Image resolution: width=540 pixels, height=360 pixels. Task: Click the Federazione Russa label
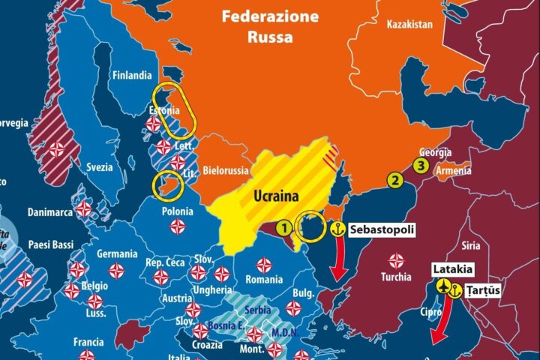point(268,26)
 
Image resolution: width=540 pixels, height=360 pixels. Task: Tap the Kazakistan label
point(409,25)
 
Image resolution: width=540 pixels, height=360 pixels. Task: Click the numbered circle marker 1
point(284,226)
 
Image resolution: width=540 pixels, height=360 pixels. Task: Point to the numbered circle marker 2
point(394,179)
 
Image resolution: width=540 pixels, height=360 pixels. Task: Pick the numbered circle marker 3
point(422,166)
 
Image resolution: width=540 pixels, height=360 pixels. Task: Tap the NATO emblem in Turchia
point(396,259)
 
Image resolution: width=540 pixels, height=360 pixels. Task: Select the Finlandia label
point(131,75)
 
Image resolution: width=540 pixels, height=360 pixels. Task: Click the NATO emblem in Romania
point(264,265)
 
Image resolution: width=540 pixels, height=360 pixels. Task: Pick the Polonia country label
point(177,212)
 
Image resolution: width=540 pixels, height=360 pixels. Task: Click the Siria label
point(471,245)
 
